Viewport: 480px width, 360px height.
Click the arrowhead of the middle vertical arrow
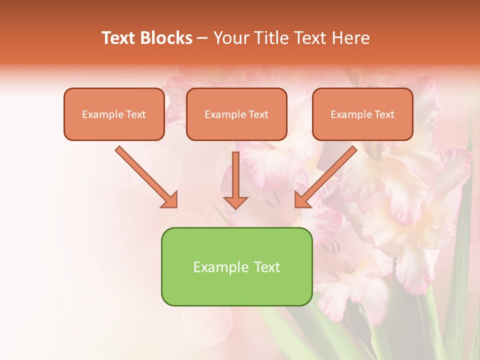(235, 202)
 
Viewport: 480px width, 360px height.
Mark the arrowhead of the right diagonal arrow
(302, 200)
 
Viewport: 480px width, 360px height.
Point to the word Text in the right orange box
(384, 114)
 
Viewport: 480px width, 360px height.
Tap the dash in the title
(202, 38)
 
